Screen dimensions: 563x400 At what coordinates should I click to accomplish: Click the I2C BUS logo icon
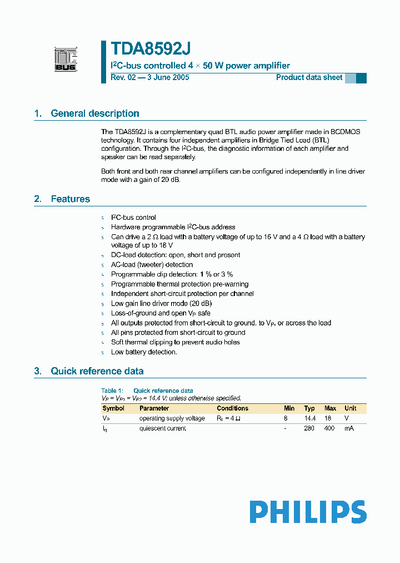pos(66,60)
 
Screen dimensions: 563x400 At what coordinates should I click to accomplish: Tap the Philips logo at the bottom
pos(307,512)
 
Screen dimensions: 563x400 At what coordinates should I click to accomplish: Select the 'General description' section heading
pos(94,113)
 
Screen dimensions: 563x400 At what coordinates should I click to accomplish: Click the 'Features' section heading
pos(70,199)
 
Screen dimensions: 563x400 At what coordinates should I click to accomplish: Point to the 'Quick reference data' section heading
pos(97,371)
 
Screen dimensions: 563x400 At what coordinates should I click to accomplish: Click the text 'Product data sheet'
pos(309,77)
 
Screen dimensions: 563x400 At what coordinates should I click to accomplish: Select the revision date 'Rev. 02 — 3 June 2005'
pos(150,77)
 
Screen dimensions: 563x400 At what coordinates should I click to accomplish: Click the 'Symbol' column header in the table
pos(113,408)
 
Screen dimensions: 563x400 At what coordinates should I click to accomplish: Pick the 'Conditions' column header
pos(232,408)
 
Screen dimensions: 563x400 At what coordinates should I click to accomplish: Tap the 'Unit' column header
pos(350,408)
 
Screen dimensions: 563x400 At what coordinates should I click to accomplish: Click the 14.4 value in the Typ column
pos(309,418)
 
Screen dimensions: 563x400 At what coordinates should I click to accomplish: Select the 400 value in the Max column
pos(329,428)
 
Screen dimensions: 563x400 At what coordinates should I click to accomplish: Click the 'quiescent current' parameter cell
pos(162,428)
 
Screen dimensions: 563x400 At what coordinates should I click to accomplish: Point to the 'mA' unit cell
pos(349,428)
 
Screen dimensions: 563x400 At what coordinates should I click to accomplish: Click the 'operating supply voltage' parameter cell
pos(172,418)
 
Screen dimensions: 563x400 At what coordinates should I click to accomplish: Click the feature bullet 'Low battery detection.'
pos(144,352)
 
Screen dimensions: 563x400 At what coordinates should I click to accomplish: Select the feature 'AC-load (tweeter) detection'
pos(152,265)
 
